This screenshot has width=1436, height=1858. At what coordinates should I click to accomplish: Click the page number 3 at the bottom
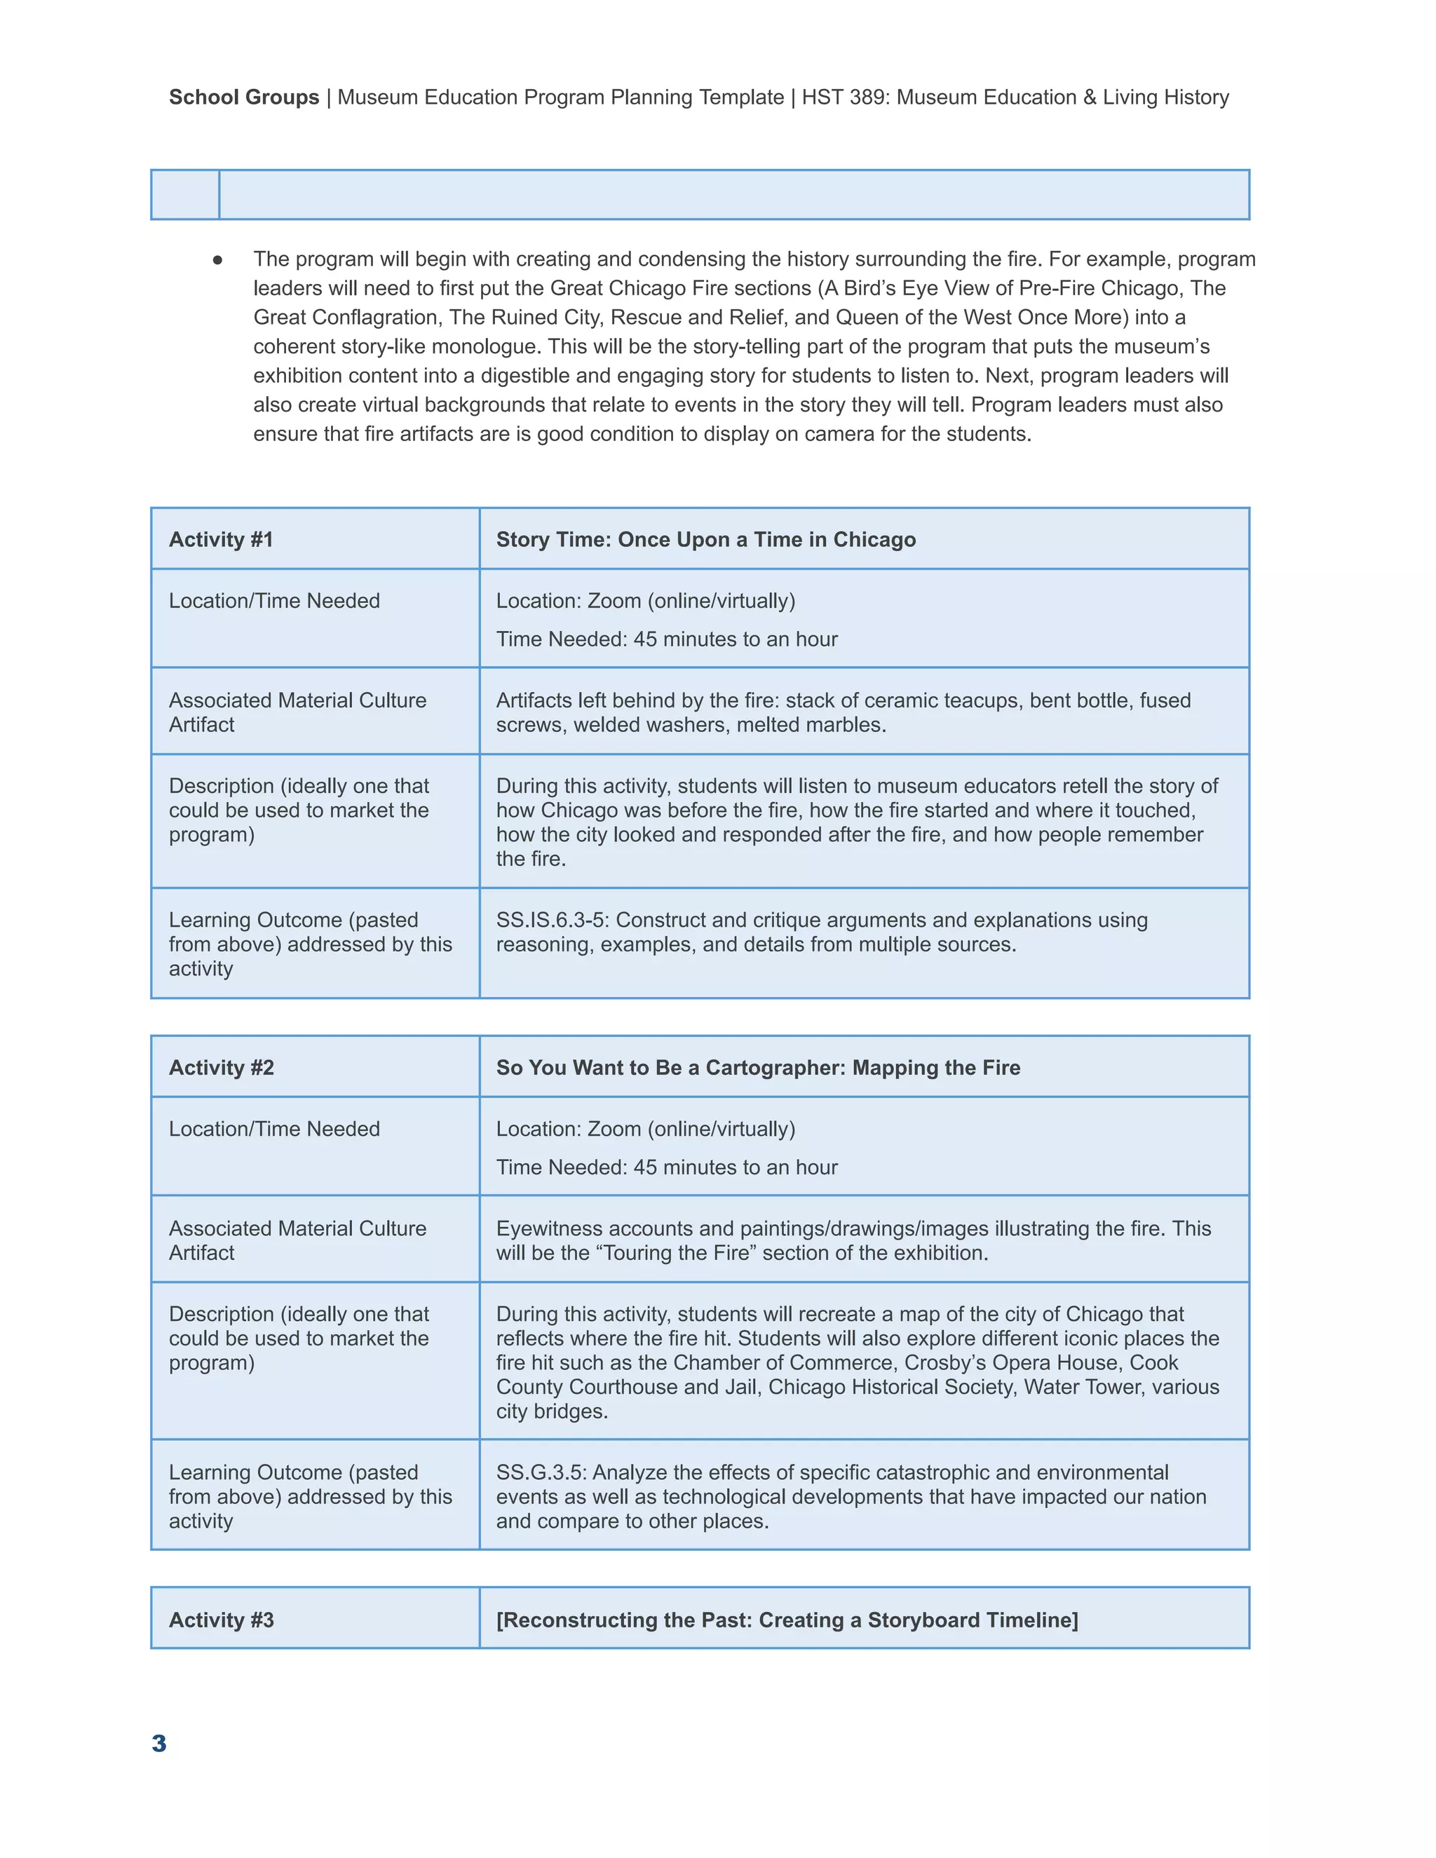(159, 1743)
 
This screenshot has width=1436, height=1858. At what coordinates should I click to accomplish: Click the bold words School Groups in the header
(243, 97)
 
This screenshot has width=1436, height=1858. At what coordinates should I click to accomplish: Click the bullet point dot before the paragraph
(218, 259)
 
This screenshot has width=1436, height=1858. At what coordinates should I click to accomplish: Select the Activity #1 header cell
(221, 539)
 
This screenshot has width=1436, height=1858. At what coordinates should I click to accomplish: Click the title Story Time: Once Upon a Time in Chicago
(705, 539)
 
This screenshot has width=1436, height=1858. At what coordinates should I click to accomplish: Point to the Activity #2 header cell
(221, 1068)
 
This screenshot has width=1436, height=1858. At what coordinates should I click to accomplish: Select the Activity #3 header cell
(221, 1620)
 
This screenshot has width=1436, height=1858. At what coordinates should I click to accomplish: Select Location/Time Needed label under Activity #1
(274, 601)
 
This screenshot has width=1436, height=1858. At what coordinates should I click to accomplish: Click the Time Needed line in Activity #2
(666, 1167)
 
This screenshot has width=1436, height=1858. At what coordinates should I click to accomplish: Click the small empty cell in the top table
(185, 195)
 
